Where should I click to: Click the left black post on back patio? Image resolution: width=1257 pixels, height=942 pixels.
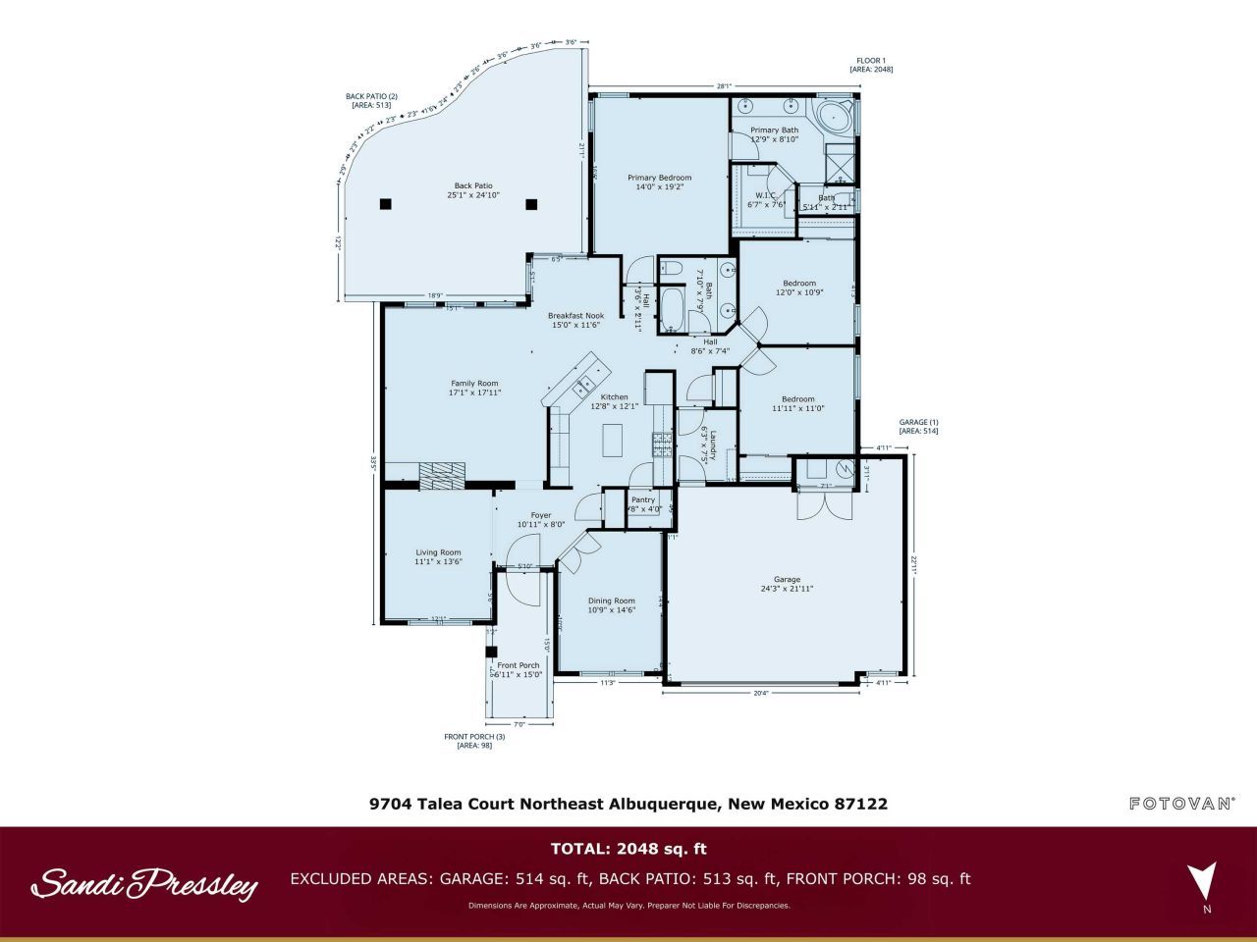(x=386, y=204)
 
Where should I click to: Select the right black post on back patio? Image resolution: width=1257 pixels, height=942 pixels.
(x=531, y=204)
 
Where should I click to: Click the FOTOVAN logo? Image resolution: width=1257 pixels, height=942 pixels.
(x=1181, y=804)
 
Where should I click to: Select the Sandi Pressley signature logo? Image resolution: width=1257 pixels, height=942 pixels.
(x=144, y=884)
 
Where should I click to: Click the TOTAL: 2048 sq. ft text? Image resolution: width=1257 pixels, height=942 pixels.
(x=628, y=849)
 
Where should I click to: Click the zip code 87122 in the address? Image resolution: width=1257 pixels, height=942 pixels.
(x=860, y=804)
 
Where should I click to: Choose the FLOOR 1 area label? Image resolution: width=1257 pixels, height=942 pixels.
(x=870, y=65)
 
